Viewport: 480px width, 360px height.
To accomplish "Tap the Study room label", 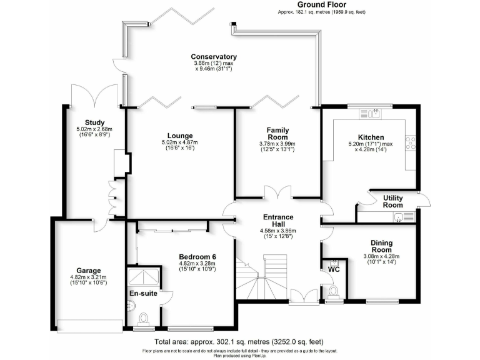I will click(95, 122).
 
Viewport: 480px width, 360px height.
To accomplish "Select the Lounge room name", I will click(180, 136).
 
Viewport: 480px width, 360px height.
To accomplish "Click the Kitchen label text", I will click(371, 137).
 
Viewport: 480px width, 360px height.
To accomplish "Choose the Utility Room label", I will click(392, 201).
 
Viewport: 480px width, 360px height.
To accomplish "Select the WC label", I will click(334, 270).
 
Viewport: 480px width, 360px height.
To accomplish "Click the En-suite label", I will click(144, 292).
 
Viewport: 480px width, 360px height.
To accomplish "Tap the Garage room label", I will click(84, 271).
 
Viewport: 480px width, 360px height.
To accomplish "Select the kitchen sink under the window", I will click(374, 113).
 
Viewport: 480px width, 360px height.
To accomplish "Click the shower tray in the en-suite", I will click(145, 277).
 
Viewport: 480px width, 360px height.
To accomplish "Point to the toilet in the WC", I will click(333, 291).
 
